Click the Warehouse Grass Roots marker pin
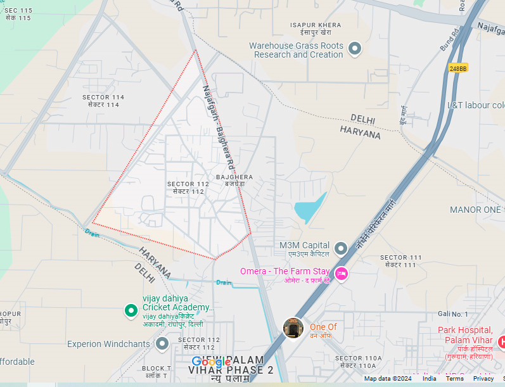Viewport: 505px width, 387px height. pos(355,49)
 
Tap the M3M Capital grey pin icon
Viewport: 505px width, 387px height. pos(341,248)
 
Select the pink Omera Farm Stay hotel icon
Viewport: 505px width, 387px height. pos(341,274)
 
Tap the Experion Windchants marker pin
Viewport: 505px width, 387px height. pos(162,343)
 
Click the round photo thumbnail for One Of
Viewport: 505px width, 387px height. pos(293,327)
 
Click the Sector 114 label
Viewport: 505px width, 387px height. pos(103,101)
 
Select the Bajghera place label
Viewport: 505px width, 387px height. pos(234,180)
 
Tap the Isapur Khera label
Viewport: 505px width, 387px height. pos(316,28)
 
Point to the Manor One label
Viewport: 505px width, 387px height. pos(475,209)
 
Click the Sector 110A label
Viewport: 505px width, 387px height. pos(358,362)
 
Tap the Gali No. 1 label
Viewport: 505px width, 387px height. pos(452,314)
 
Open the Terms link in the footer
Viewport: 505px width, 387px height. pos(454,379)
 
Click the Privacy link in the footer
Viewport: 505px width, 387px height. pos(483,379)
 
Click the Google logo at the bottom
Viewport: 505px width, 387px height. pos(211,362)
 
